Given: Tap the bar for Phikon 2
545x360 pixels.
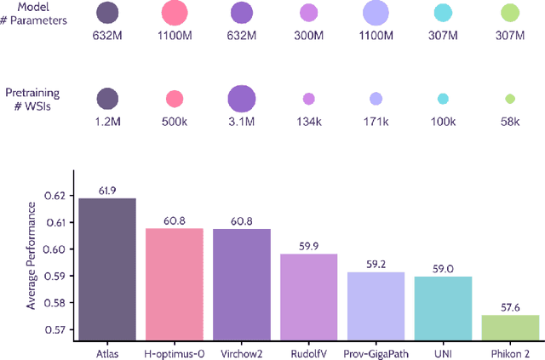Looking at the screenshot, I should pyautogui.click(x=510, y=327).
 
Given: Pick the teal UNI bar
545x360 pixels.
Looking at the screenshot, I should pyautogui.click(x=443, y=307).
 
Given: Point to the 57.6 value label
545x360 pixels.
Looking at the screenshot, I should pyautogui.click(x=510, y=308).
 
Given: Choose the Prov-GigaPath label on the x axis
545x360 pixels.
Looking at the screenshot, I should pyautogui.click(x=376, y=350).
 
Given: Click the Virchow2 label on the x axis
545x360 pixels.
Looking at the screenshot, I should pyautogui.click(x=242, y=350).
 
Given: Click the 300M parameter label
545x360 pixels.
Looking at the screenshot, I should pyautogui.click(x=309, y=37).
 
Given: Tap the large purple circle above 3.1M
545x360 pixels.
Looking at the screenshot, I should pyautogui.click(x=242, y=99).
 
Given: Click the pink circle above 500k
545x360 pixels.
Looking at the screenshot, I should pyautogui.click(x=175, y=99).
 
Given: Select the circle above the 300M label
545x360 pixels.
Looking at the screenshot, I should pyautogui.click(x=309, y=13).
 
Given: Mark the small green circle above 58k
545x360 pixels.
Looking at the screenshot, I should pyautogui.click(x=510, y=99).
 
